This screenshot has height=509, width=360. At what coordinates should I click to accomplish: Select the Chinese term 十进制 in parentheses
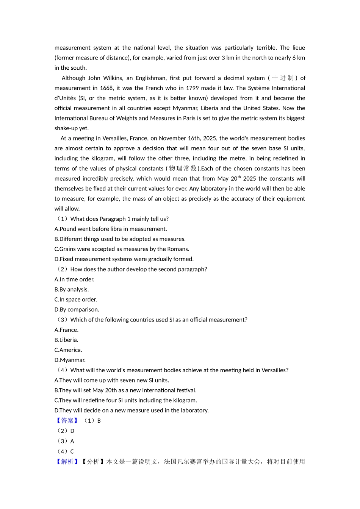pos(283,78)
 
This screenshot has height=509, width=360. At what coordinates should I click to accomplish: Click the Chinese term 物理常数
pos(183,169)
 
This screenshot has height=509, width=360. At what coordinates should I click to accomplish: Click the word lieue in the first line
pos(299,48)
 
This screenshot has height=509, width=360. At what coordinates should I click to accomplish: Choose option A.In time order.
pos(74,279)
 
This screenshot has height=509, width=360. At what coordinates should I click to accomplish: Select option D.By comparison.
pos(77,309)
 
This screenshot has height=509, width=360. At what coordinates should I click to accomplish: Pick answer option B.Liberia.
pos(66,340)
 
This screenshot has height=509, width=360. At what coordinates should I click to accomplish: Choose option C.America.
pos(68,350)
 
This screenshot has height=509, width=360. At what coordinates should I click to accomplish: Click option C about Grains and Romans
pos(122,249)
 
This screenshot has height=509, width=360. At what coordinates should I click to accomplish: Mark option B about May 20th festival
pos(125,390)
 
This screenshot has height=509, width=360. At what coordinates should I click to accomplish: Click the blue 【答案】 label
pos(67,420)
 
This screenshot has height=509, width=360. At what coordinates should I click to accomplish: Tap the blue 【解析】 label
pos(67,461)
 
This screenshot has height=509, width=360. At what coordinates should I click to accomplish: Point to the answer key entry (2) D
pos(66,431)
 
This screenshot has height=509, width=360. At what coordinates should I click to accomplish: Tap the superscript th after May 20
pos(239,177)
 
